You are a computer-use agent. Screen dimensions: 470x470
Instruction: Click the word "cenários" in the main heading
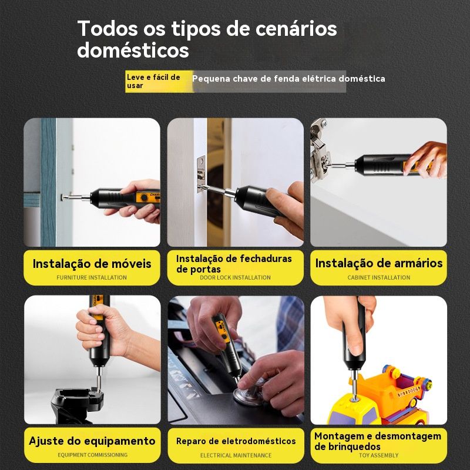coord(296,29)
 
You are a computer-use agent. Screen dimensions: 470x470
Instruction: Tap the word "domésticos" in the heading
coord(133,50)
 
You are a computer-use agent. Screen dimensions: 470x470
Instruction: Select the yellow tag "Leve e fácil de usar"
coord(159,81)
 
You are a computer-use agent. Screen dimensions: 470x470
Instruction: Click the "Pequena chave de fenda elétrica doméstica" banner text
coord(288,79)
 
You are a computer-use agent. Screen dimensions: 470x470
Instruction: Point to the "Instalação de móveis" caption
coord(92,264)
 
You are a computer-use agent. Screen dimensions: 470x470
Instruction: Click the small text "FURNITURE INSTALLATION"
coord(92,277)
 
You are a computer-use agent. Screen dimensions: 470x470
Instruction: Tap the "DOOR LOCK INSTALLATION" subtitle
coord(236,277)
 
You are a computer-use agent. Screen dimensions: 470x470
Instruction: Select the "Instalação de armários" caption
coord(379,263)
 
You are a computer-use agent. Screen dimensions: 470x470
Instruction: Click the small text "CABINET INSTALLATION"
coord(379,277)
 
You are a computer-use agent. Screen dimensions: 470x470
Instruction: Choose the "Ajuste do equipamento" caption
coord(92,441)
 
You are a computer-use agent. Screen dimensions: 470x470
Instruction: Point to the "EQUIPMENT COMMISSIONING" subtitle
coord(93,455)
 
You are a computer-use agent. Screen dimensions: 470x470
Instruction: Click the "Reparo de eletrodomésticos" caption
coord(236,441)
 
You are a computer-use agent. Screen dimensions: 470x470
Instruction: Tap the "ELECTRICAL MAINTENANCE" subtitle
coord(236,455)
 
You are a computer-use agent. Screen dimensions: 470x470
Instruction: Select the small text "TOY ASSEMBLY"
coord(379,455)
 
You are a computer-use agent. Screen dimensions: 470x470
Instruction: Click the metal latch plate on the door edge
coord(201,174)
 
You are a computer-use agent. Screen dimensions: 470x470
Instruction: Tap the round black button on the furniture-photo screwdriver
coord(144,197)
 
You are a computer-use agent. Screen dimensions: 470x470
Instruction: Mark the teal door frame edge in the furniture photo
coord(48,182)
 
